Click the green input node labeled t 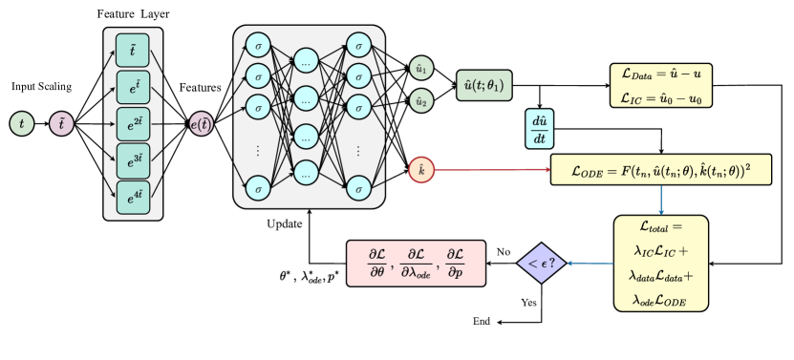(x=22, y=124)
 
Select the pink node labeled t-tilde (x=61, y=124)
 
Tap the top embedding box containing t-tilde (x=133, y=49)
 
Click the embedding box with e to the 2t (x=133, y=123)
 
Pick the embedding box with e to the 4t (x=133, y=197)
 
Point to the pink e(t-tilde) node (x=202, y=124)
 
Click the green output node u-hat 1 (x=421, y=68)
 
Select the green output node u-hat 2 (x=421, y=99)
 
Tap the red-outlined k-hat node (x=421, y=170)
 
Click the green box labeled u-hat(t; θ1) (x=484, y=86)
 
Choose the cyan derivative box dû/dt (x=540, y=129)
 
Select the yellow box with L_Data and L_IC (x=661, y=85)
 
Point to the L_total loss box (x=661, y=263)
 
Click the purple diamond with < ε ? (x=542, y=263)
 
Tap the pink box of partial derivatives (x=416, y=264)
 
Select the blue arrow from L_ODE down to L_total (x=661, y=200)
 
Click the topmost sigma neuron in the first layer (x=258, y=46)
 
